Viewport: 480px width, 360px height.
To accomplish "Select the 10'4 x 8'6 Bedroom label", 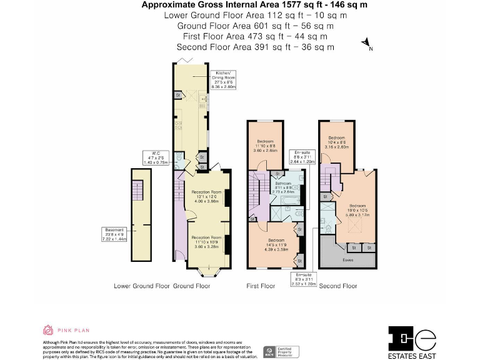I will click(x=337, y=142).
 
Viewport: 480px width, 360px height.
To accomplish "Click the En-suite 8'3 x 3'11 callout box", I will click(x=302, y=279).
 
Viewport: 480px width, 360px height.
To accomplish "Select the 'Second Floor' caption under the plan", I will click(x=338, y=286).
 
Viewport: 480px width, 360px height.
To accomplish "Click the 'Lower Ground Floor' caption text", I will click(x=142, y=286).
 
